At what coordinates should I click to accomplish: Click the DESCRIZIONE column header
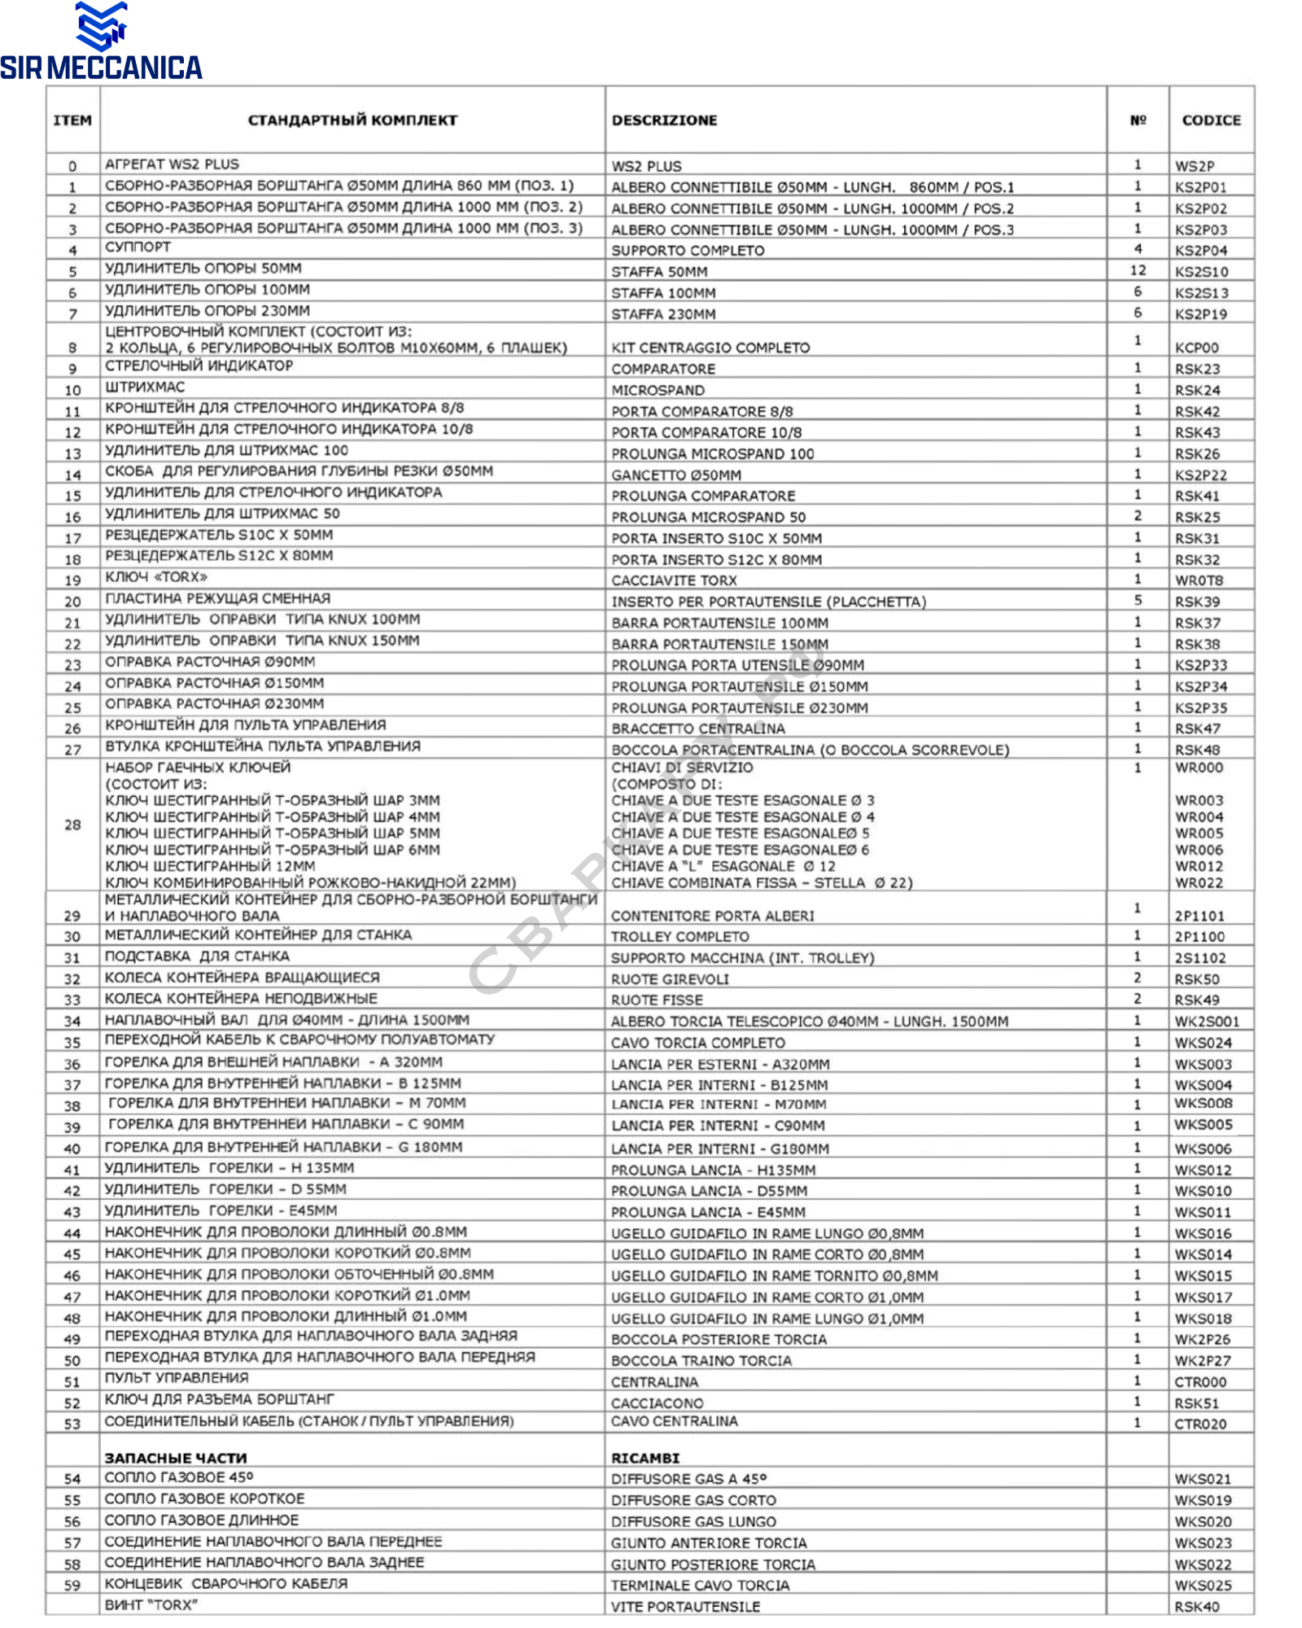pyautogui.click(x=664, y=120)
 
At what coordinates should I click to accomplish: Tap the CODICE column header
pyautogui.click(x=1211, y=120)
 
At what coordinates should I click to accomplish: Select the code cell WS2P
pyautogui.click(x=1194, y=166)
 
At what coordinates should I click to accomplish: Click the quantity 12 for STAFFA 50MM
pyautogui.click(x=1138, y=270)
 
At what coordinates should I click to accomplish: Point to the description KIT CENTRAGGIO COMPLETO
pyautogui.click(x=710, y=348)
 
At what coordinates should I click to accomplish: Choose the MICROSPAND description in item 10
pyautogui.click(x=658, y=390)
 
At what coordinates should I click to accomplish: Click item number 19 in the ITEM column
pyautogui.click(x=72, y=580)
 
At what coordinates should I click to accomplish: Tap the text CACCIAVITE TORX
pyautogui.click(x=674, y=580)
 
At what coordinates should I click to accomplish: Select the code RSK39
pyautogui.click(x=1197, y=602)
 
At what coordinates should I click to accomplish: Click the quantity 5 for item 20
pyautogui.click(x=1138, y=600)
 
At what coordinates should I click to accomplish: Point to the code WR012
pyautogui.click(x=1199, y=866)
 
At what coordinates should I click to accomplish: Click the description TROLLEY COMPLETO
pyautogui.click(x=680, y=936)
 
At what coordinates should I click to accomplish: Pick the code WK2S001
pyautogui.click(x=1207, y=1021)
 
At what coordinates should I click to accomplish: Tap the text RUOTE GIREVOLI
pyautogui.click(x=670, y=979)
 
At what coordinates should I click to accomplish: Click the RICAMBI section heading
pyautogui.click(x=645, y=1457)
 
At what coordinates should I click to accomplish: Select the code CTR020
pyautogui.click(x=1200, y=1424)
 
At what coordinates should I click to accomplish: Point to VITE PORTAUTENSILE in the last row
pyautogui.click(x=685, y=1607)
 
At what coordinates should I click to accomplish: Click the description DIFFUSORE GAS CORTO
pyautogui.click(x=693, y=1500)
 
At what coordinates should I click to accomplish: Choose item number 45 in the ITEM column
pyautogui.click(x=72, y=1254)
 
